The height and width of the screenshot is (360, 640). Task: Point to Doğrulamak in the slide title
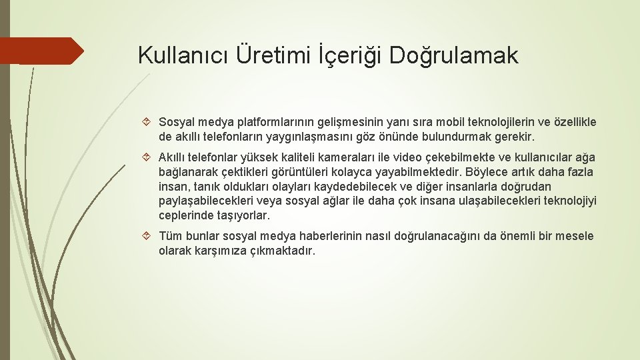tap(453, 56)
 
